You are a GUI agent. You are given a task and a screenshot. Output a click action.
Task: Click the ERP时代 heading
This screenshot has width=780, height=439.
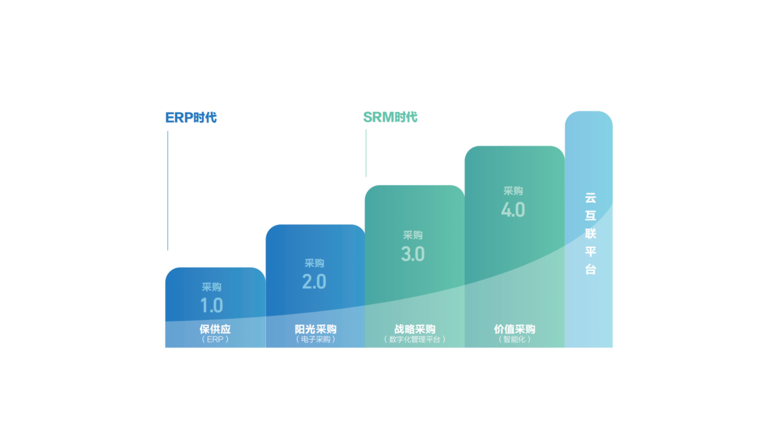(191, 118)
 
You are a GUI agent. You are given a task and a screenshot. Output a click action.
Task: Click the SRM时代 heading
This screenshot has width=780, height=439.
(390, 117)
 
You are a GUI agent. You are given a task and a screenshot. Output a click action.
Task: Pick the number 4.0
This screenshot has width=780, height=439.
(513, 210)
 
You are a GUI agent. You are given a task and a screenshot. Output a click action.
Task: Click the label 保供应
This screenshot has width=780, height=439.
(215, 329)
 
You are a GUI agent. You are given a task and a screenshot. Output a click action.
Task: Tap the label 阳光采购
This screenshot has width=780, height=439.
(316, 329)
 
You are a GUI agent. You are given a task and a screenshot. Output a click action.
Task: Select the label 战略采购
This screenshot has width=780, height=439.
(415, 329)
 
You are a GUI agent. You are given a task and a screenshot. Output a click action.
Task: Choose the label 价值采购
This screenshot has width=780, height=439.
(514, 329)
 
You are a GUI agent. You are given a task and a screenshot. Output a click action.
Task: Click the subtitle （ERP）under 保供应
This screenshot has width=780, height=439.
(215, 339)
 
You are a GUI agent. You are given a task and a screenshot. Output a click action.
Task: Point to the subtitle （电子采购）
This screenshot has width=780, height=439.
(316, 339)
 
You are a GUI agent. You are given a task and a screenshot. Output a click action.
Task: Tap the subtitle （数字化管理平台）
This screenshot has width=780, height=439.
(415, 339)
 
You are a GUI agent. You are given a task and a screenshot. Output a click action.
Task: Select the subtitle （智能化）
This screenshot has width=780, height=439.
(514, 339)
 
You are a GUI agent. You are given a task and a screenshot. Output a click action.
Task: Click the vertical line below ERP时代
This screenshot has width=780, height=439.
(168, 191)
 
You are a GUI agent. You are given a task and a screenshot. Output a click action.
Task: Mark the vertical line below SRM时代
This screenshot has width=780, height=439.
(366, 153)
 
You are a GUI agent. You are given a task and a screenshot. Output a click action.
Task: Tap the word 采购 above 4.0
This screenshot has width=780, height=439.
(513, 191)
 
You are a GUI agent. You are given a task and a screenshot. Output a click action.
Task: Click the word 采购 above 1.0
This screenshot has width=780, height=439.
(212, 287)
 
